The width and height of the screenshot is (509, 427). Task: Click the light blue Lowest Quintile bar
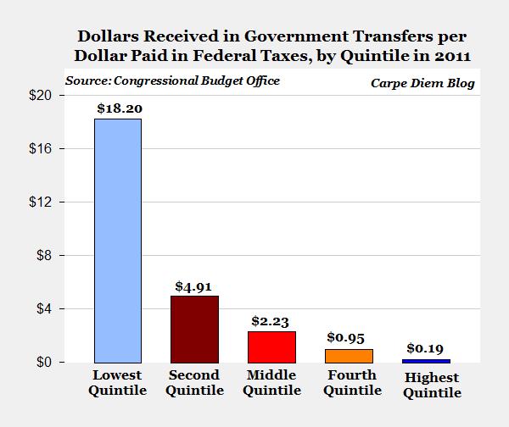click(117, 241)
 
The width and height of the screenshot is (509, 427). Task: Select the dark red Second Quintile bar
click(195, 329)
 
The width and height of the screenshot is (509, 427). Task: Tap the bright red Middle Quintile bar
click(272, 347)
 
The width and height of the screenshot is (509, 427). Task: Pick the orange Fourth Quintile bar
click(350, 355)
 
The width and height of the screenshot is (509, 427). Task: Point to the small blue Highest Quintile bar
click(427, 360)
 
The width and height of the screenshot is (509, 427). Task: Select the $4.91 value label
click(194, 286)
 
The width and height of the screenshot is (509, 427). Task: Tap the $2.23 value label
click(272, 321)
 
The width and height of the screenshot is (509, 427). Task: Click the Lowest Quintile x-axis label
click(117, 383)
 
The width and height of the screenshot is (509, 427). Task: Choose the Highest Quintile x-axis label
click(431, 385)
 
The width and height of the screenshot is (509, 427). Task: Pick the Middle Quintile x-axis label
click(272, 383)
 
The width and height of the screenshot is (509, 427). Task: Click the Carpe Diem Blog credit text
click(422, 83)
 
